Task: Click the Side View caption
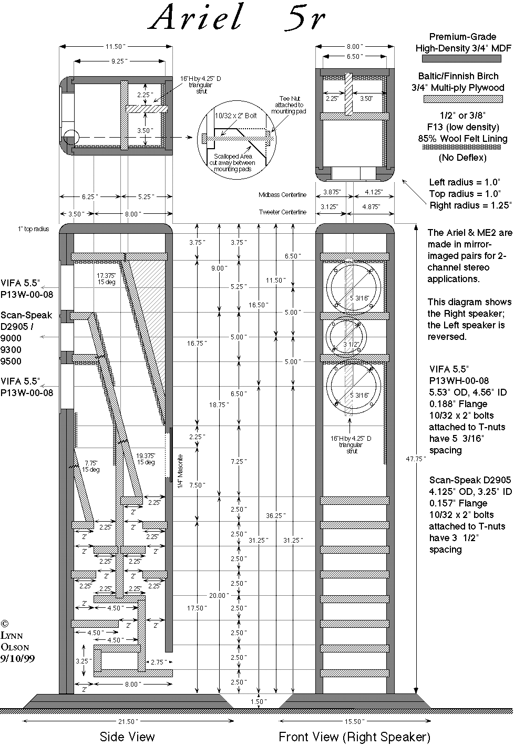[127, 736]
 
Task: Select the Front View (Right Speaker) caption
[354, 736]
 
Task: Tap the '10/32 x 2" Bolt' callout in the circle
[235, 116]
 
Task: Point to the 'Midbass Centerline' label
[282, 195]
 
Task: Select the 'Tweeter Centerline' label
[282, 212]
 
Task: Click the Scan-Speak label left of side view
[26, 315]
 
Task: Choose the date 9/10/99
[18, 658]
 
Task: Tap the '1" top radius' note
[33, 229]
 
